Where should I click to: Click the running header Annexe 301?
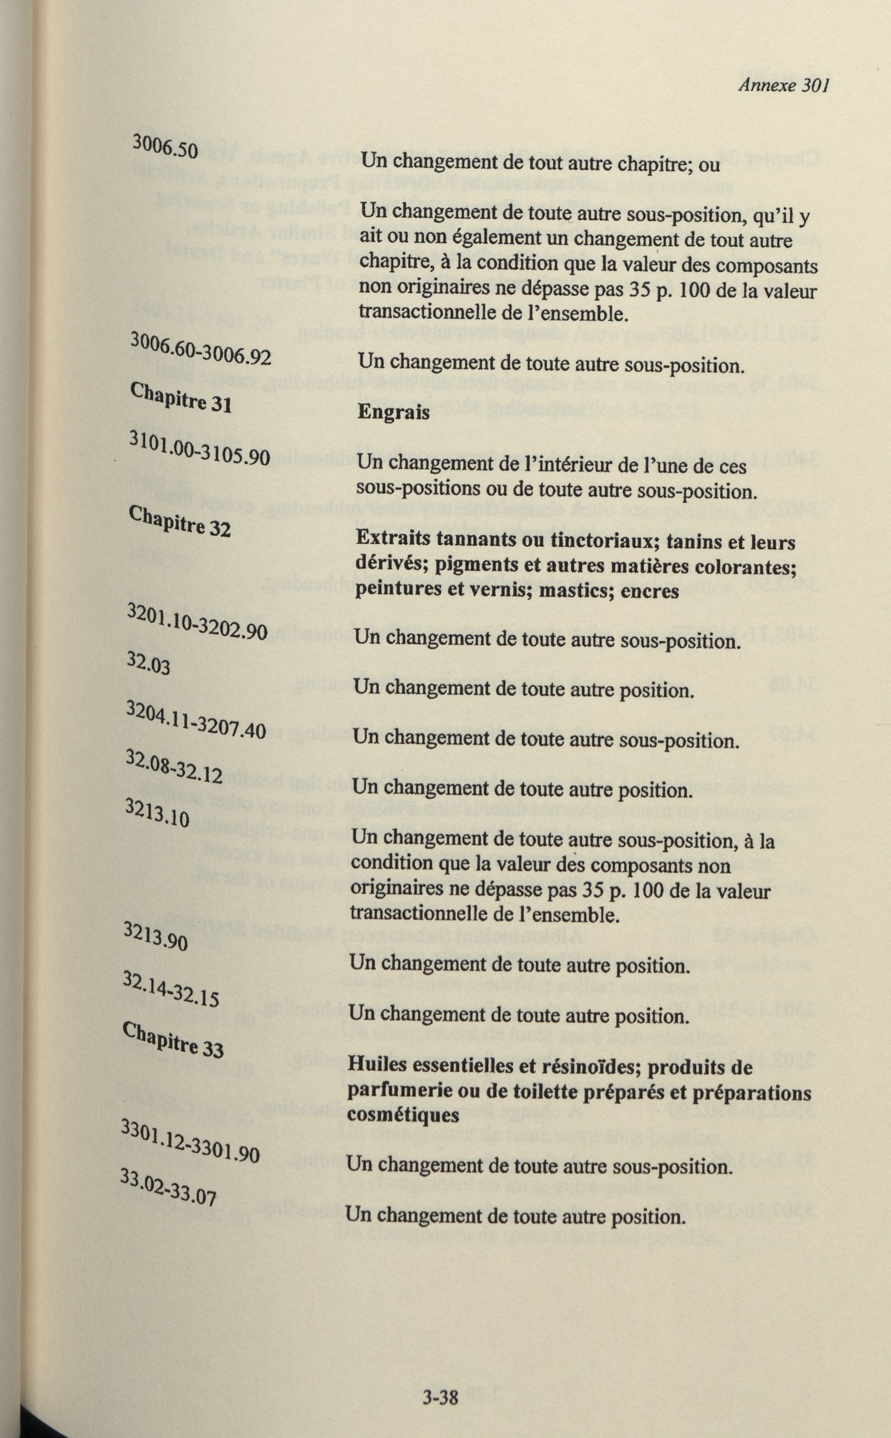(783, 86)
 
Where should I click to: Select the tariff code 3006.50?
(165, 146)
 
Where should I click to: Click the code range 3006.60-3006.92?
(201, 349)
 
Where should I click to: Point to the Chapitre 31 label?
(181, 399)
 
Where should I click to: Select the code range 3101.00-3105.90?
(199, 449)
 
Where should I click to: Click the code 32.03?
(149, 665)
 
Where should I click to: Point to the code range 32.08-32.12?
(174, 768)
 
